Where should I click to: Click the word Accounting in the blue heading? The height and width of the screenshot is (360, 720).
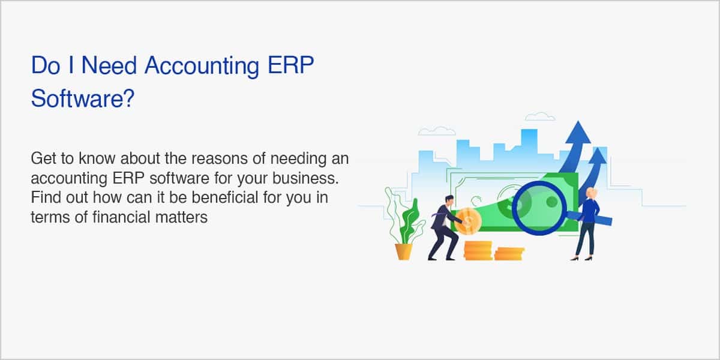[x=202, y=67]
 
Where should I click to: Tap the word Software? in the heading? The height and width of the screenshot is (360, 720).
[x=83, y=98]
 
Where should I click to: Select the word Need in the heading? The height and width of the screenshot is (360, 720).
[x=109, y=65]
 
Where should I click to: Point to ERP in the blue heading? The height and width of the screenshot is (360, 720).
[x=290, y=65]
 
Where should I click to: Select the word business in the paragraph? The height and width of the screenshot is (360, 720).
[x=305, y=178]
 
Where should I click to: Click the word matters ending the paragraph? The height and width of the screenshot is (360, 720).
[x=181, y=217]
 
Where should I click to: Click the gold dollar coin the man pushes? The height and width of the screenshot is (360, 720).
[x=468, y=221]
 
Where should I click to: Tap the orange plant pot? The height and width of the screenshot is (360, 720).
[x=404, y=251]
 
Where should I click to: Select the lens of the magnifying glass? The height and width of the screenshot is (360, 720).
[x=539, y=208]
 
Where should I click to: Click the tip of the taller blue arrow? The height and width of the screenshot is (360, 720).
[x=578, y=121]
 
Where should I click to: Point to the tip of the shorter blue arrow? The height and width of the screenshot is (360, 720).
[x=598, y=148]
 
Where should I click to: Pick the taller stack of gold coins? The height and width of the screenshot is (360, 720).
[x=478, y=251]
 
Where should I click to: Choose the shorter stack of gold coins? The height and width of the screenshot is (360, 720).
[x=509, y=254]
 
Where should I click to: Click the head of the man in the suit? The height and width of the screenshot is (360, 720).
[x=449, y=200]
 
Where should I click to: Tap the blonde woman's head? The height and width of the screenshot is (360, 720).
[x=592, y=193]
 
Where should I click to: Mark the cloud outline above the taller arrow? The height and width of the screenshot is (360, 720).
[x=540, y=116]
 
